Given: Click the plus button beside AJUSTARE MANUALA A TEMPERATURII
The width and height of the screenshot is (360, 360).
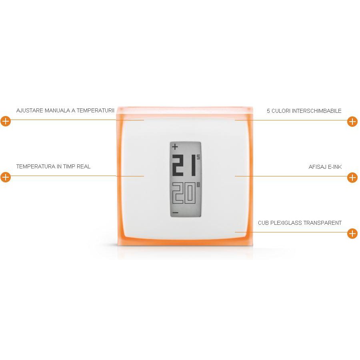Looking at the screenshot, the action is (6, 121).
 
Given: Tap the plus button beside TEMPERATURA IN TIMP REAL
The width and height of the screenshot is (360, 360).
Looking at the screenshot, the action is (6, 177).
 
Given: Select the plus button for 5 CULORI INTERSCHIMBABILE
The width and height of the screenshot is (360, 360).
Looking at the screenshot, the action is (352, 122).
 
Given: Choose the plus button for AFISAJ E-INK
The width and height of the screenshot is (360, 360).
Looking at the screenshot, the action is (352, 178).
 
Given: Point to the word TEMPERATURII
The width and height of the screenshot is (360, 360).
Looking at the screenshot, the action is (95, 110).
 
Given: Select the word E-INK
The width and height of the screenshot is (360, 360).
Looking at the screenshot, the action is (335, 167).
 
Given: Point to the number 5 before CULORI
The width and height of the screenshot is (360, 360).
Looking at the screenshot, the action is (268, 111).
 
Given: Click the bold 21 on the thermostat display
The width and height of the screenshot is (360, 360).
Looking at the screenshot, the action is (184, 165).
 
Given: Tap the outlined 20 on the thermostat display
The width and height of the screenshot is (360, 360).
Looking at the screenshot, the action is (184, 193).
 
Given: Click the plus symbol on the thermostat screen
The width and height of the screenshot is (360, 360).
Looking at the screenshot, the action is (175, 146).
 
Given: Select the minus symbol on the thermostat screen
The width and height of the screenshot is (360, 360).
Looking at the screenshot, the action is (176, 213).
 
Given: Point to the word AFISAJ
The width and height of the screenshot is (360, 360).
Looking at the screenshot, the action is (317, 167).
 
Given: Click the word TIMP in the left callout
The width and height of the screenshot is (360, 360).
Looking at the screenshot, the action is (69, 166).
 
